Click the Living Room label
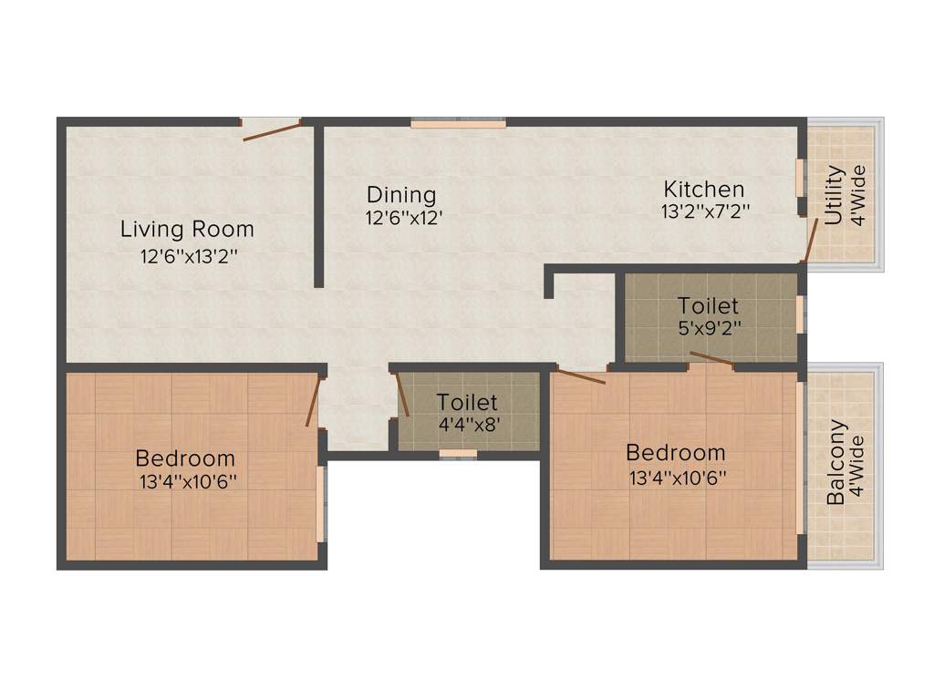(187, 229)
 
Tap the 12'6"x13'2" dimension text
(189, 256)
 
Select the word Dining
(401, 194)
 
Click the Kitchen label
(703, 190)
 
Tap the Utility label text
(834, 194)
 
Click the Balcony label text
(835, 462)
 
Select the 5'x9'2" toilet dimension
(708, 328)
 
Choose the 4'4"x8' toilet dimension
(466, 424)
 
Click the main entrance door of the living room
(272, 131)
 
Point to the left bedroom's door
(314, 401)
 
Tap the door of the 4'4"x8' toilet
(402, 395)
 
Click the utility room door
(810, 239)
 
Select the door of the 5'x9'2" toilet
(711, 358)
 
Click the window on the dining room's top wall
(458, 122)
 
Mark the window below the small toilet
(458, 453)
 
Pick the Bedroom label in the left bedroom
(185, 458)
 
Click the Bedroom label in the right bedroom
(676, 452)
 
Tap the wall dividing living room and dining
(319, 205)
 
